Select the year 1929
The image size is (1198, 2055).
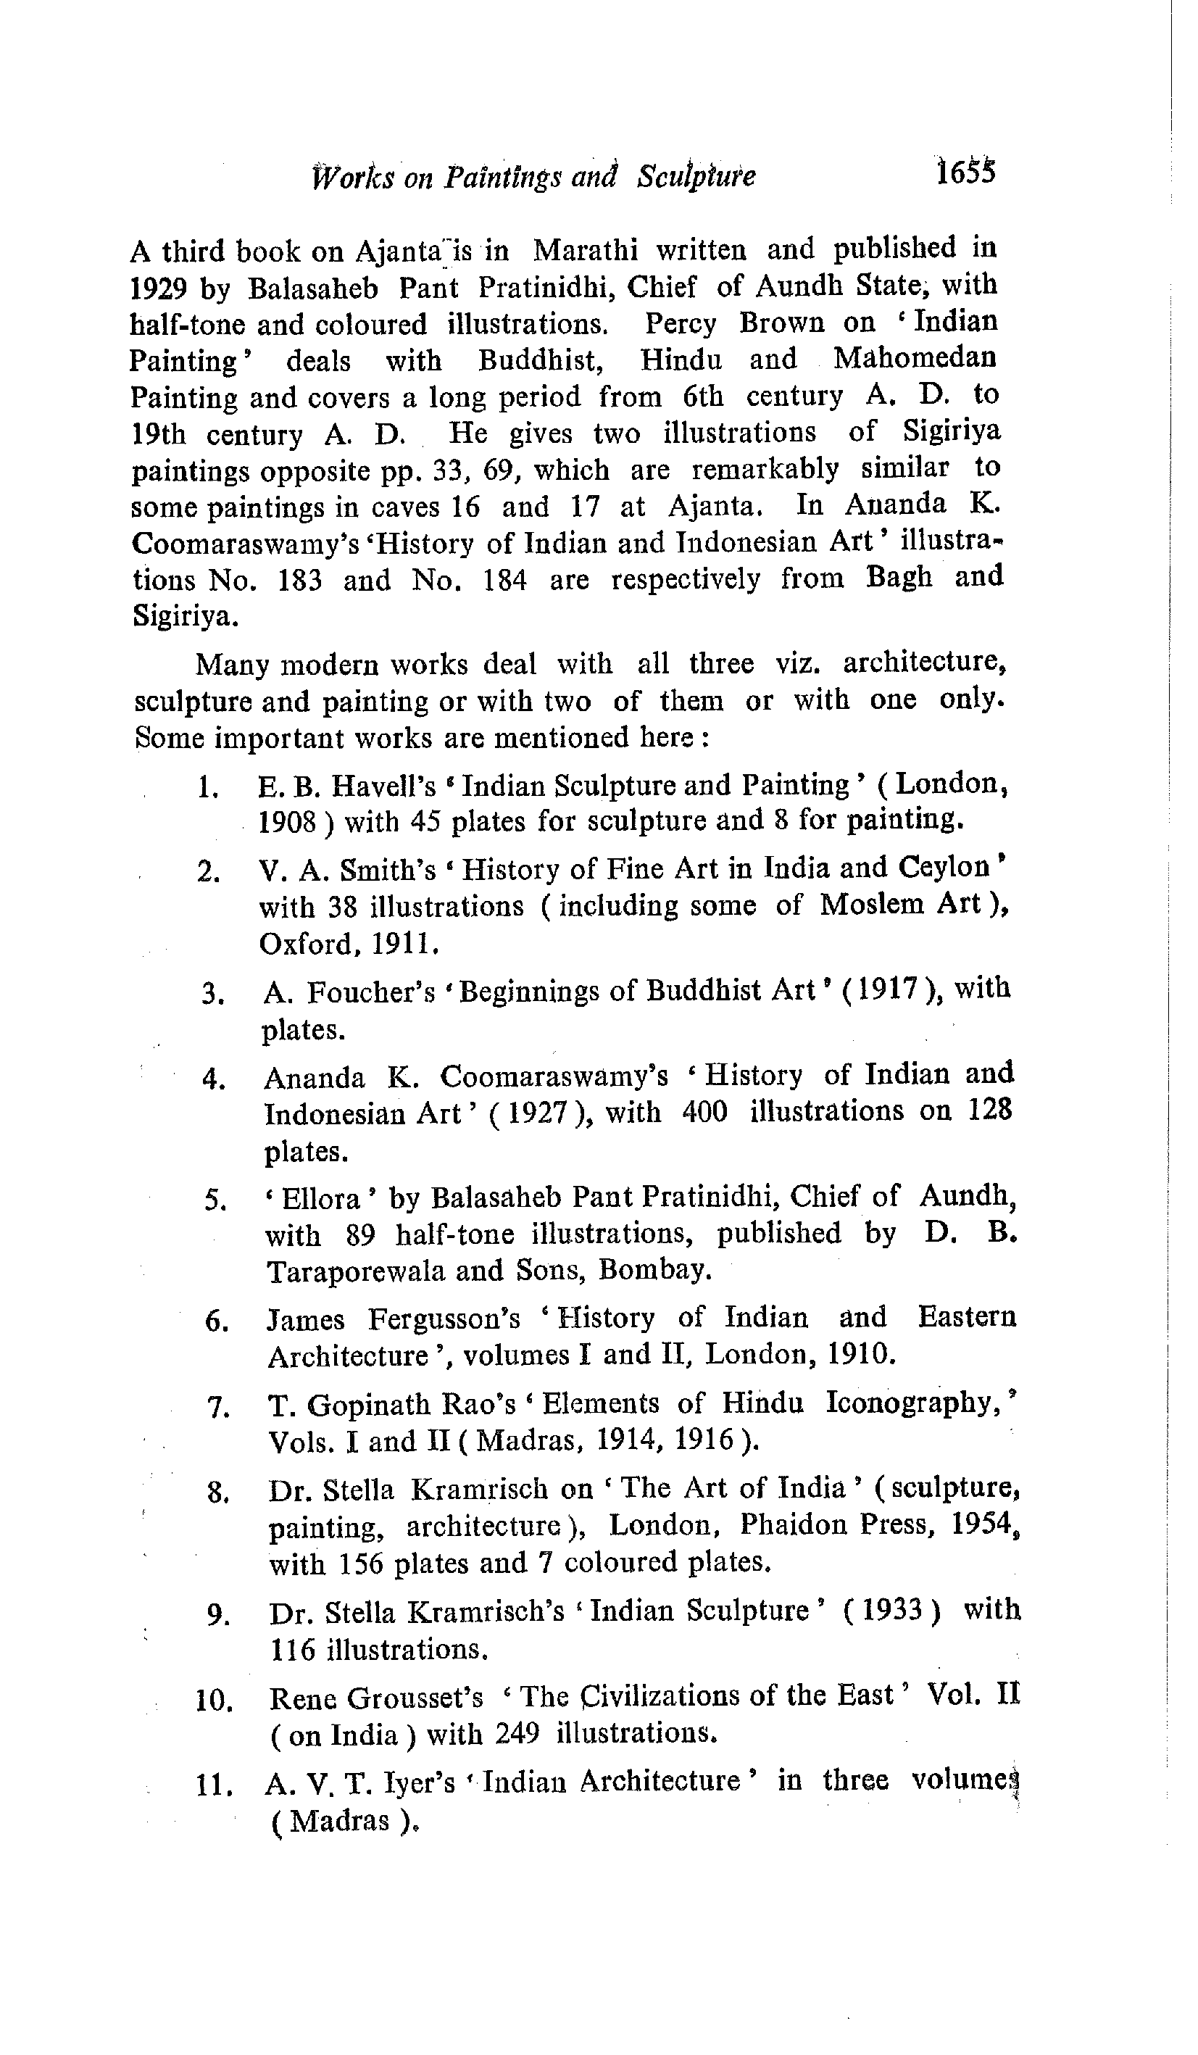(160, 288)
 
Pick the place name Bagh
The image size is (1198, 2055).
(899, 577)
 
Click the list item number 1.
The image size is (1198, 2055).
(207, 787)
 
